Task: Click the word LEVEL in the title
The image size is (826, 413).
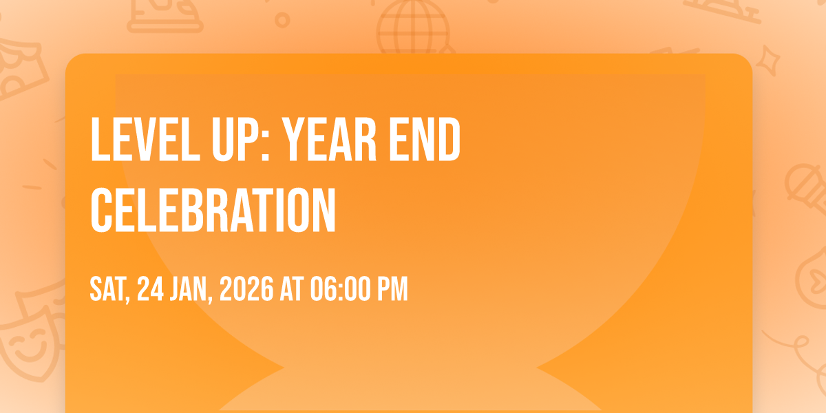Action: pos(145,139)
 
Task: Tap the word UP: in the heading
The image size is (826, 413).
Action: pos(241,139)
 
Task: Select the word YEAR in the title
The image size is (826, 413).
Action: pos(330,139)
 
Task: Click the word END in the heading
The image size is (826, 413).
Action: pos(425,139)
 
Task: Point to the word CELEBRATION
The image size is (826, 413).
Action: pos(213,210)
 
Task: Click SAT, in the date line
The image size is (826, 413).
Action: pos(110,290)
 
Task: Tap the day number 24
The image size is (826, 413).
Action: pos(150,289)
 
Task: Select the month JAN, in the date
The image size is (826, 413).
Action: pos(191,290)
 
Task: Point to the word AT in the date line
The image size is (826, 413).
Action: pos(292,289)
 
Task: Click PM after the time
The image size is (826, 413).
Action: pos(392,289)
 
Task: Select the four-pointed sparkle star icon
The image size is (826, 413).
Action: pos(767,61)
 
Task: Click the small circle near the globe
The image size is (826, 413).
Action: pos(282,20)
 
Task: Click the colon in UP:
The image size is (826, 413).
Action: pos(266,147)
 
